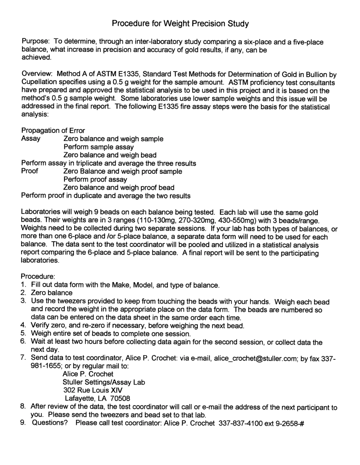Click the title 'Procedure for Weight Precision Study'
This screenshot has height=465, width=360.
(180, 24)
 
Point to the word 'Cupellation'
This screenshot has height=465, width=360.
(40, 83)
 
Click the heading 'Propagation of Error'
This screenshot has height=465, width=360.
(53, 131)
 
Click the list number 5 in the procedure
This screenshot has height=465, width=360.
(23, 334)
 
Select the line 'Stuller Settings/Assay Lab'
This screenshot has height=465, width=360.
(104, 382)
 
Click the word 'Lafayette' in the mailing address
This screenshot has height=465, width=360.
(80, 398)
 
